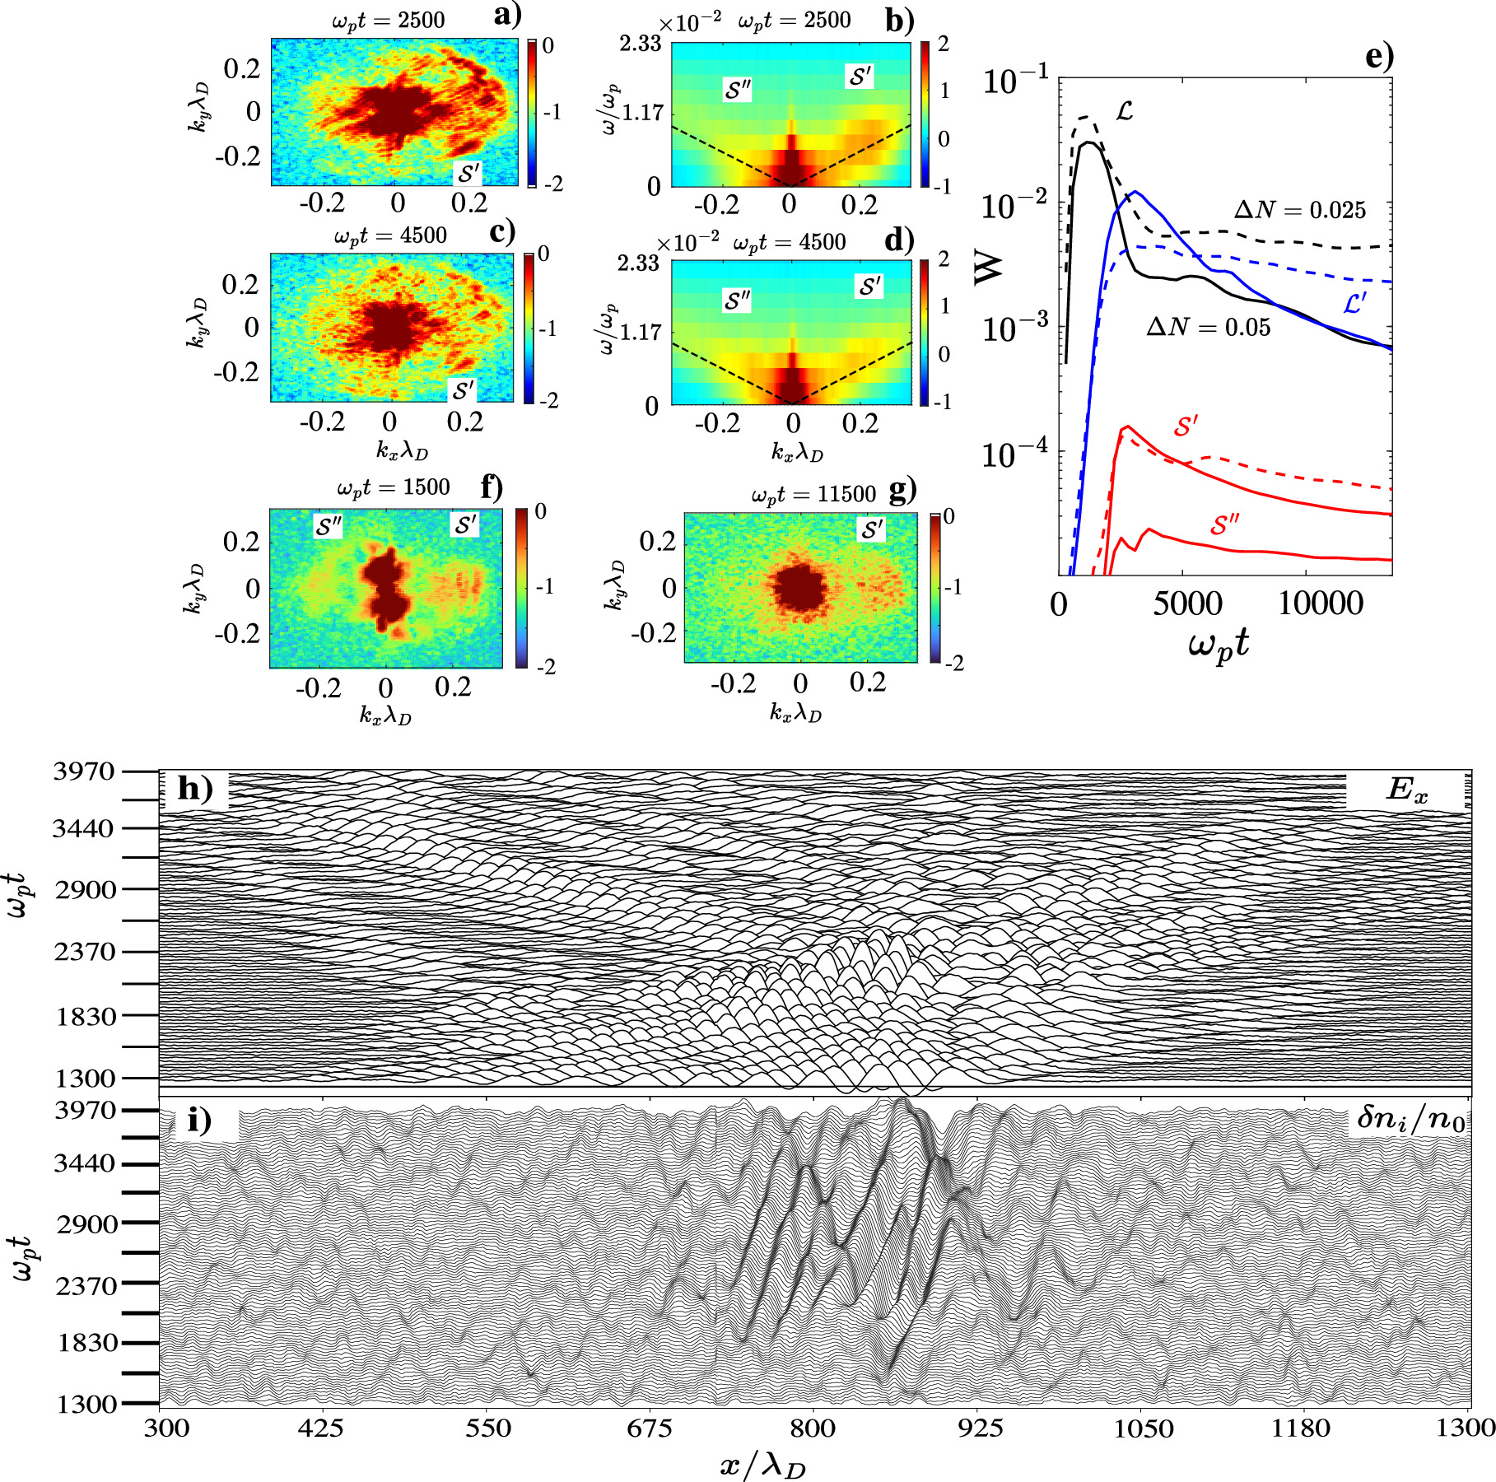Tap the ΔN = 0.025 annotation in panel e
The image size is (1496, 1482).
[x=1299, y=211]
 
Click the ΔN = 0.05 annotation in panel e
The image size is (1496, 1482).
[x=1208, y=328]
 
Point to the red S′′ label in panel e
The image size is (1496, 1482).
[x=1225, y=524]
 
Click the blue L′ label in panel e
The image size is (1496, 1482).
[x=1354, y=304]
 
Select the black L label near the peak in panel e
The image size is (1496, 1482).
[x=1124, y=110]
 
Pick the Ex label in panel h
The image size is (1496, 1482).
[x=1406, y=790]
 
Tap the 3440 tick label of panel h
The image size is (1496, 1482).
[x=84, y=829]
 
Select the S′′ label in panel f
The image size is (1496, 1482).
[x=329, y=526]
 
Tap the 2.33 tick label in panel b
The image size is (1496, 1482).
[x=640, y=43]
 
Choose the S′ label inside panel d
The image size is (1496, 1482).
[x=870, y=287]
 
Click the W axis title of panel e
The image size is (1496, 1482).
[x=990, y=266]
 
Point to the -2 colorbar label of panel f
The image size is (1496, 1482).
[x=545, y=666]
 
